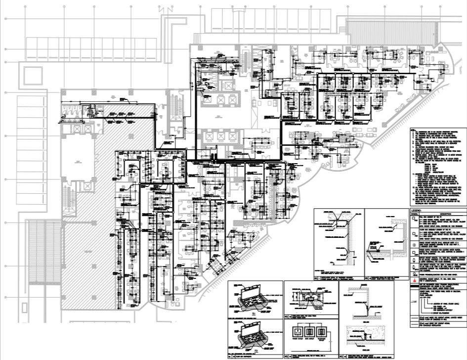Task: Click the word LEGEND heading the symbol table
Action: tap(416, 211)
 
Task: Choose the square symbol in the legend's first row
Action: tap(414, 221)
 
